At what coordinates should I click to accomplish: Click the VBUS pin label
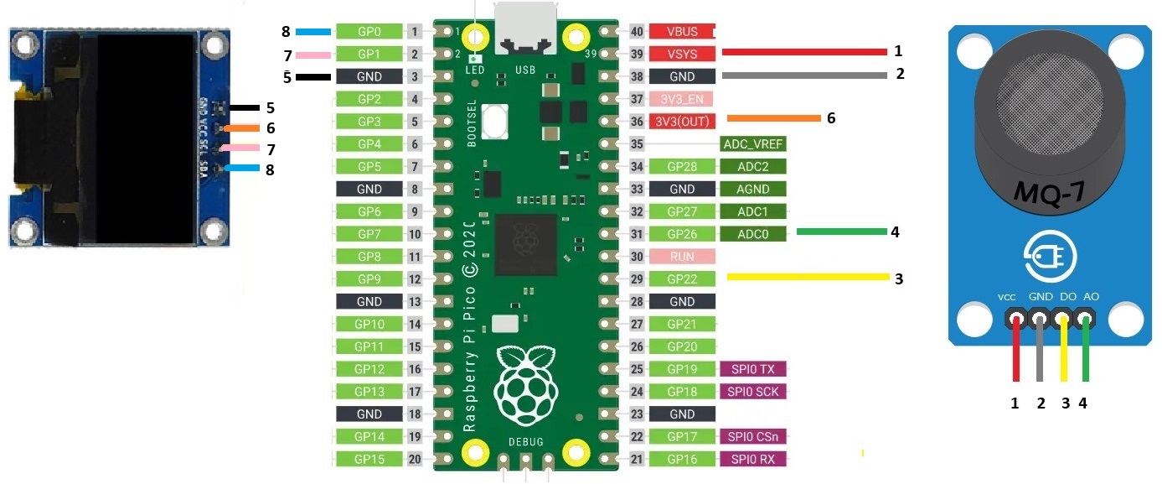click(681, 32)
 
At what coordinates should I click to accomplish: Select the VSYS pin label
click(681, 54)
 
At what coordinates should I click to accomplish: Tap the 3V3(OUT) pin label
click(681, 121)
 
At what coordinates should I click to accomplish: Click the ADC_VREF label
click(752, 143)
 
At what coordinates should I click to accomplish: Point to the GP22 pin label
click(681, 278)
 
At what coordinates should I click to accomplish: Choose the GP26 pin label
click(681, 234)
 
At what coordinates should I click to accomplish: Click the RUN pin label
click(681, 257)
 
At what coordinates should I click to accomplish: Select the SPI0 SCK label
click(752, 392)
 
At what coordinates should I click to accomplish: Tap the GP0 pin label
click(369, 32)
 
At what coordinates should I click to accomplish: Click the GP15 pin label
click(369, 459)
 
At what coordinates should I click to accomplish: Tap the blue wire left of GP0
click(314, 32)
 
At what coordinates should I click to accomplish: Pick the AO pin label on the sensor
click(1092, 297)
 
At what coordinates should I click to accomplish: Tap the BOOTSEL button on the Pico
click(495, 122)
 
